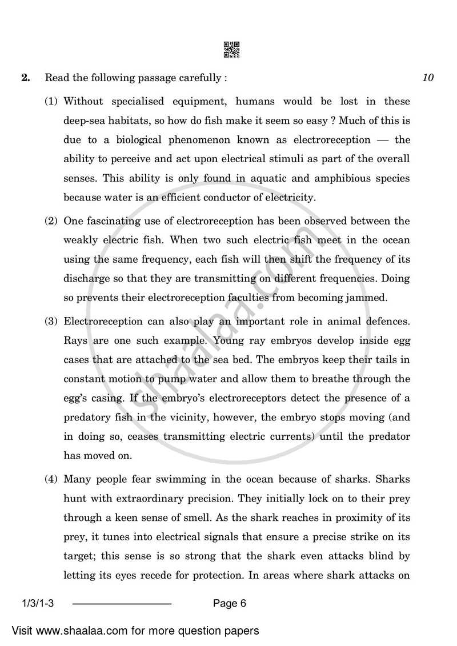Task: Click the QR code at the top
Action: (231, 50)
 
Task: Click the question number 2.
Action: (25, 78)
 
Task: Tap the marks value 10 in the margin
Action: (428, 78)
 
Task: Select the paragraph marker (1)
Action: (52, 102)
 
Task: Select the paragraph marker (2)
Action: (52, 221)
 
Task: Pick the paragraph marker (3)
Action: (52, 321)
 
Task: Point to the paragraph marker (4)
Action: (52, 479)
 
